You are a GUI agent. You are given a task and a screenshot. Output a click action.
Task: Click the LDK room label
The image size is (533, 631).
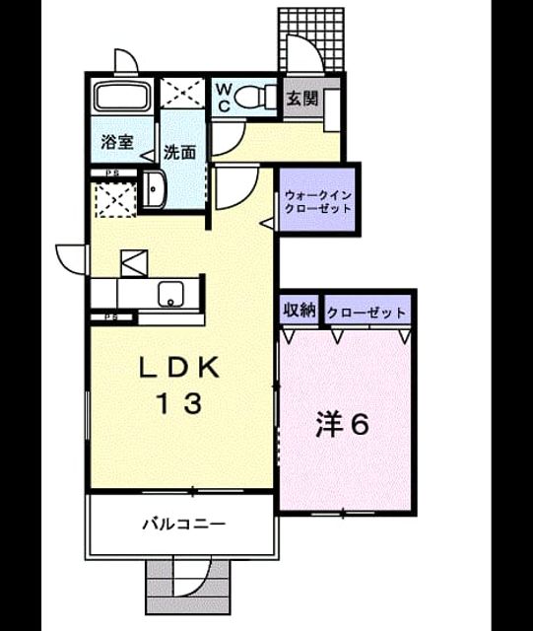179,368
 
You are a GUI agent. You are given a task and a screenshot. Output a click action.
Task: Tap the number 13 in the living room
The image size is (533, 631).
179,403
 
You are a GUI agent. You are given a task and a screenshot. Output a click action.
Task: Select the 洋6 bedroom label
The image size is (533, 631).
342,424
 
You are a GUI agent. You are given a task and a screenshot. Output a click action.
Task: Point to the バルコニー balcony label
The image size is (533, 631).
184,524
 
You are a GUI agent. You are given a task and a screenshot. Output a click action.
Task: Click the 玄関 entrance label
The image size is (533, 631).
302,99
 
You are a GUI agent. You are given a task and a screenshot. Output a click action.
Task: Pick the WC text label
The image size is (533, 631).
224,97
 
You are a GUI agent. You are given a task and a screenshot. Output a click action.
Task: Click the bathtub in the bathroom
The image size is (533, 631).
122,96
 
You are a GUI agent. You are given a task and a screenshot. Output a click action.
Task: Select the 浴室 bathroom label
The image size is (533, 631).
117,142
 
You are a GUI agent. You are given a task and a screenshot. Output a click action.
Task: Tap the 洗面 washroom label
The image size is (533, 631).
179,153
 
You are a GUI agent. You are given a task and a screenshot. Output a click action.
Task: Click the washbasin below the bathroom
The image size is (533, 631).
154,189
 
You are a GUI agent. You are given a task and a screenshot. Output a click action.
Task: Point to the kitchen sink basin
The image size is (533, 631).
171,294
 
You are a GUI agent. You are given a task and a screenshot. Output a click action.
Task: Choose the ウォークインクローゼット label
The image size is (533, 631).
318,202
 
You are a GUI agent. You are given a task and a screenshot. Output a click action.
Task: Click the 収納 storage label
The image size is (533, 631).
300,310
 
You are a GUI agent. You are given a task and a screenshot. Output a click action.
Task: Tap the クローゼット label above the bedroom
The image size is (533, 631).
366,313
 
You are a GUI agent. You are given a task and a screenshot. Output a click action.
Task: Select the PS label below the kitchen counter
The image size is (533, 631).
111,316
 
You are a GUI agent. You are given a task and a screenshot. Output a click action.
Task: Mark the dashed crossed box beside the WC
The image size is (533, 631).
182,93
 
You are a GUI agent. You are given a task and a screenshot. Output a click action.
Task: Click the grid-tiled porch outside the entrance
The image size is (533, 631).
311,39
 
